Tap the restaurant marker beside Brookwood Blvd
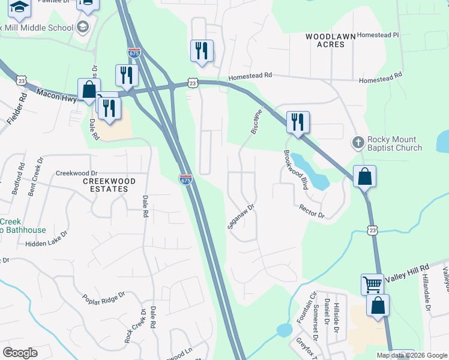pyautogui.click(x=298, y=122)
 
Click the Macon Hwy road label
pyautogui.click(x=58, y=95)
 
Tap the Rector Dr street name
pyautogui.click(x=312, y=211)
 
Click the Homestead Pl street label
pyautogui.click(x=378, y=35)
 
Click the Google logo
pyautogui.click(x=20, y=353)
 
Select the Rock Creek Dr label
pyautogui.click(x=134, y=326)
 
